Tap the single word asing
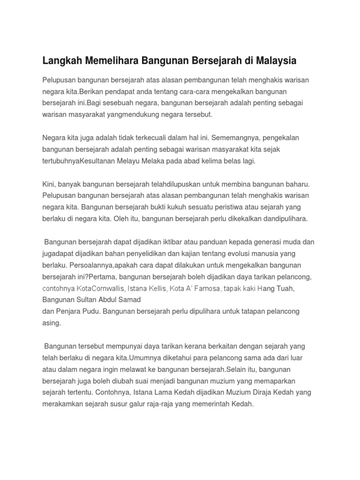(52, 322)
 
